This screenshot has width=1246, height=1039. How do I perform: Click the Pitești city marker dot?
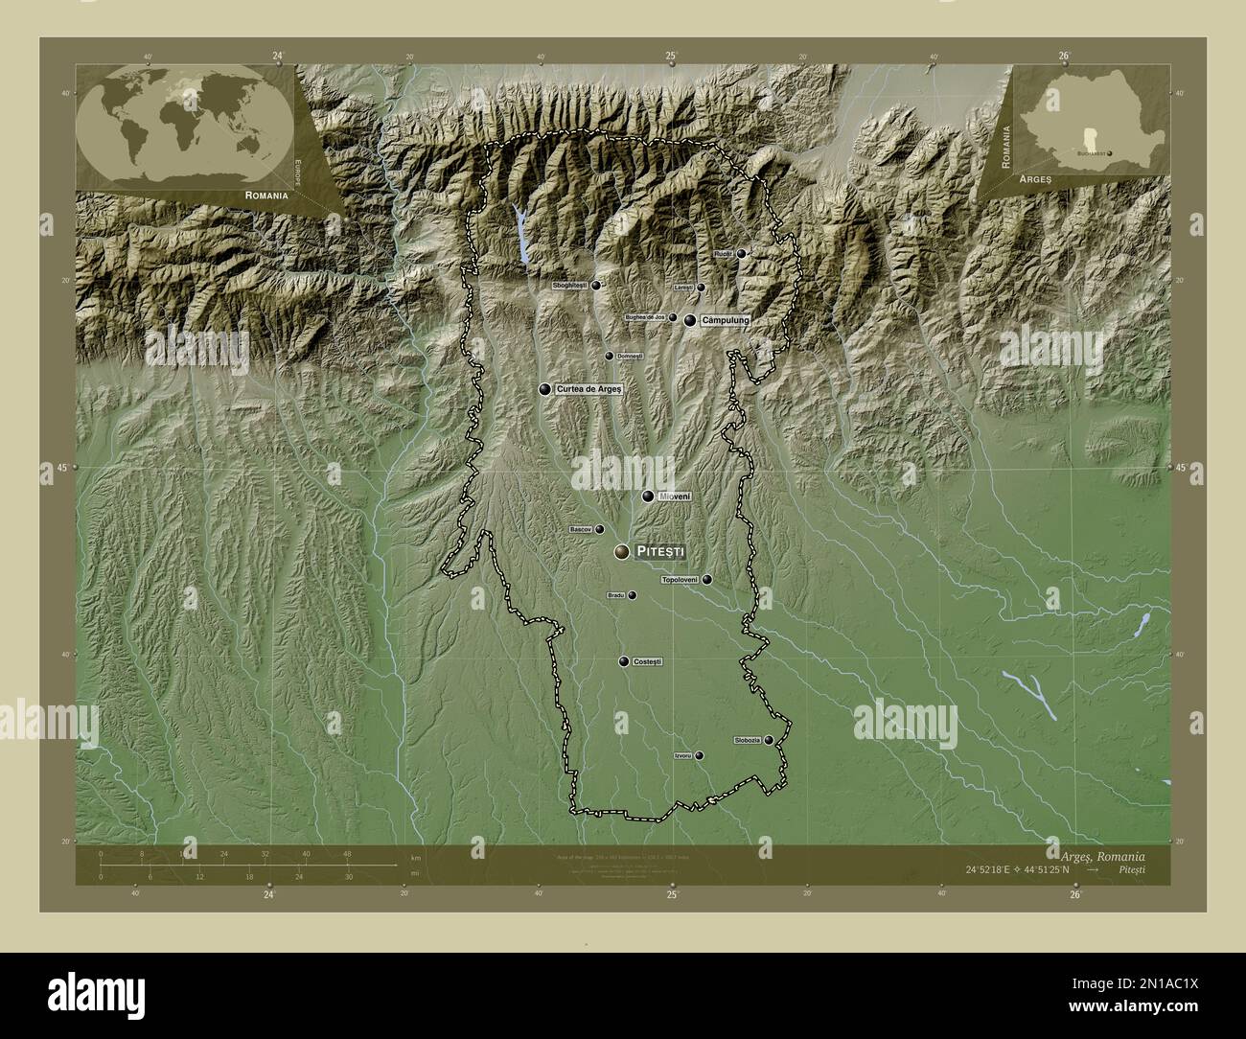pos(623,552)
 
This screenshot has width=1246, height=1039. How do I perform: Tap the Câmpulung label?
pos(724,320)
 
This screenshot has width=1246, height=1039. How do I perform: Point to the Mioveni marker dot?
pos(649,496)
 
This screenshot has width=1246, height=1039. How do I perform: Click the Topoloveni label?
pos(680,580)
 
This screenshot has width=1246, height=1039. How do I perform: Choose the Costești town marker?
pos(624,662)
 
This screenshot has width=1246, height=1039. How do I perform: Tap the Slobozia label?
pos(748,740)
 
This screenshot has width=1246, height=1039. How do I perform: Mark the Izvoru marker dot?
pos(699,756)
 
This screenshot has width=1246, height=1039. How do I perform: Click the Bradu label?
pos(616,595)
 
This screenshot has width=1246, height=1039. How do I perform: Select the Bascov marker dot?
pos(600,529)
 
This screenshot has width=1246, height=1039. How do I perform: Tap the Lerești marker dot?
pos(701,288)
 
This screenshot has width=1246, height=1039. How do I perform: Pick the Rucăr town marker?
pos(741,254)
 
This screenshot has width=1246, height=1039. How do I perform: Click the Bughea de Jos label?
pos(645,317)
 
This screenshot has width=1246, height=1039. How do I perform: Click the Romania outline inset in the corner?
pos(1082,120)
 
